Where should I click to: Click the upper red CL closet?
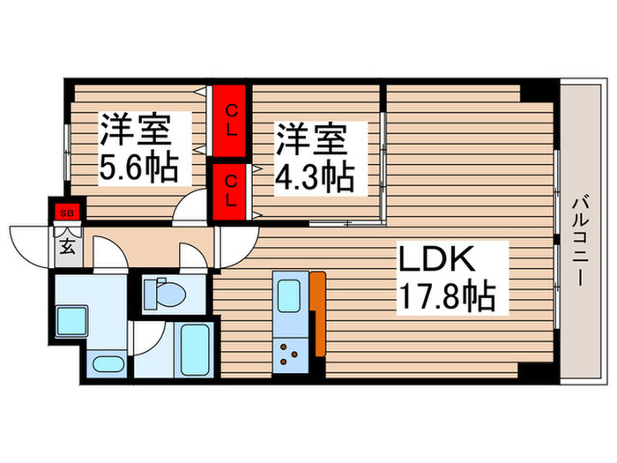231,121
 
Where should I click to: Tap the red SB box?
66,213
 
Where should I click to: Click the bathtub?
192,351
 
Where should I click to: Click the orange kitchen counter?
317,313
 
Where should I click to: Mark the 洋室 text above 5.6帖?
134,131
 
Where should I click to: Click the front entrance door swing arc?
31,240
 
